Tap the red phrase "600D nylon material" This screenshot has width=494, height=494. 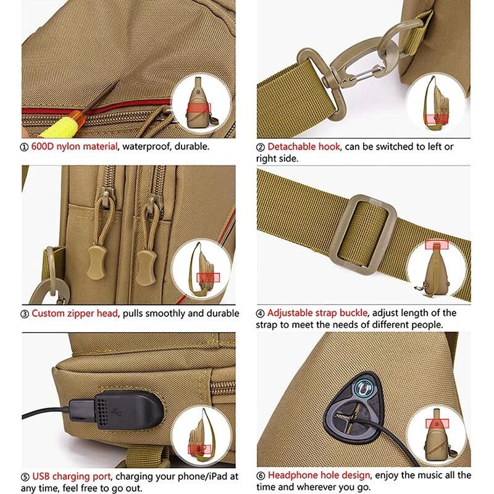click(74, 146)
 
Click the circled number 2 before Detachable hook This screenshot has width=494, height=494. click(261, 147)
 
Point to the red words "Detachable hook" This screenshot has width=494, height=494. click(304, 146)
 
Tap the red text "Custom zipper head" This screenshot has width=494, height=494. click(75, 314)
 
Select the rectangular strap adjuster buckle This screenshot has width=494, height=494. click(364, 235)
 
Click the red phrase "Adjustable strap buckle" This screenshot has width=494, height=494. click(317, 313)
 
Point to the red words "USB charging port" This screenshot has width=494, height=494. click(71, 476)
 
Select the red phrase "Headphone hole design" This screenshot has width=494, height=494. click(319, 475)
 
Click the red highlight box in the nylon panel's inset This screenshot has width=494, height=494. click(199, 107)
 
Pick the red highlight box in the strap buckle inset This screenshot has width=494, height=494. click(437, 245)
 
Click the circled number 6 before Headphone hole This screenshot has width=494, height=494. click(261, 475)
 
